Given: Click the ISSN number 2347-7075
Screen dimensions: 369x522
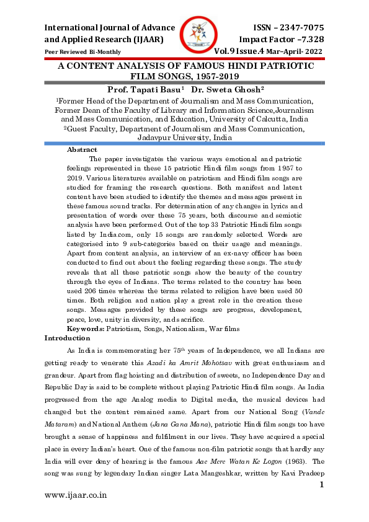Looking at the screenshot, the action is [x=296, y=28].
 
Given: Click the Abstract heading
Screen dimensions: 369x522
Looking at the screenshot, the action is [x=82, y=150].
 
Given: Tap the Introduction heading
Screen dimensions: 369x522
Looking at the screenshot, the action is [x=67, y=338].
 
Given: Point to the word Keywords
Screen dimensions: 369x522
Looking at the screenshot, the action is [x=86, y=328].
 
